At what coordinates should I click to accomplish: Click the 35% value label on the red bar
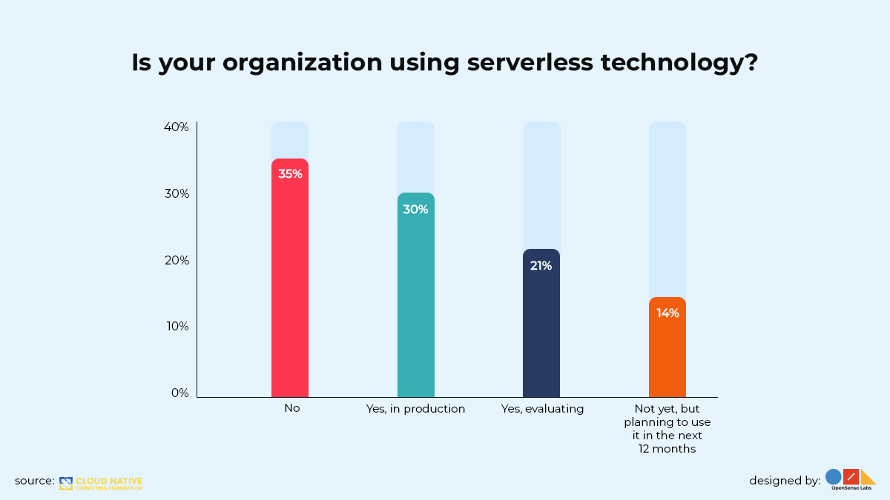[x=290, y=174]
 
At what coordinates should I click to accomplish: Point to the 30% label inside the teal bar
[x=415, y=210]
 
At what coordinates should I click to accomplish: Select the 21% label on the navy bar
[x=541, y=265]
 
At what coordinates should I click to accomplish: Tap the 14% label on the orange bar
[x=667, y=313]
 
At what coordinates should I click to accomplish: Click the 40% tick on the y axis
[x=176, y=127]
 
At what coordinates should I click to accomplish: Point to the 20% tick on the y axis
[x=176, y=261]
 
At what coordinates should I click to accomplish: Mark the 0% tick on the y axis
[x=179, y=393]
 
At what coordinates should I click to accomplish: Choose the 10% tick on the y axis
[x=176, y=327]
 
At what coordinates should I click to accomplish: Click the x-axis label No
[x=291, y=409]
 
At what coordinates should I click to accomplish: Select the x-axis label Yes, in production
[x=415, y=409]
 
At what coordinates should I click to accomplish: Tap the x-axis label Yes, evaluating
[x=542, y=409]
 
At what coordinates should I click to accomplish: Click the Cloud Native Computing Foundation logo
[x=101, y=483]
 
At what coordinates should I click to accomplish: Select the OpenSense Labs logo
[x=851, y=480]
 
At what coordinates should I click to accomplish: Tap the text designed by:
[x=784, y=481]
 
